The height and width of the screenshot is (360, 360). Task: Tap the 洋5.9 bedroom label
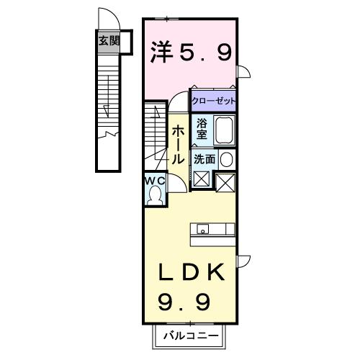[x=191, y=53]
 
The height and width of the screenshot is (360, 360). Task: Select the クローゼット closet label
[x=213, y=100]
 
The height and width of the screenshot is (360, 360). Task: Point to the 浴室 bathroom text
[x=202, y=129]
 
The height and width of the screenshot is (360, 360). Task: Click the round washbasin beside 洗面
[x=227, y=159]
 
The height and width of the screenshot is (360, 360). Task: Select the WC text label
[x=156, y=180]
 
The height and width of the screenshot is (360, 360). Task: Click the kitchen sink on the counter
[x=204, y=230]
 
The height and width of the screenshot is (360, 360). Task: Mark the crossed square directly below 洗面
[x=201, y=179]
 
